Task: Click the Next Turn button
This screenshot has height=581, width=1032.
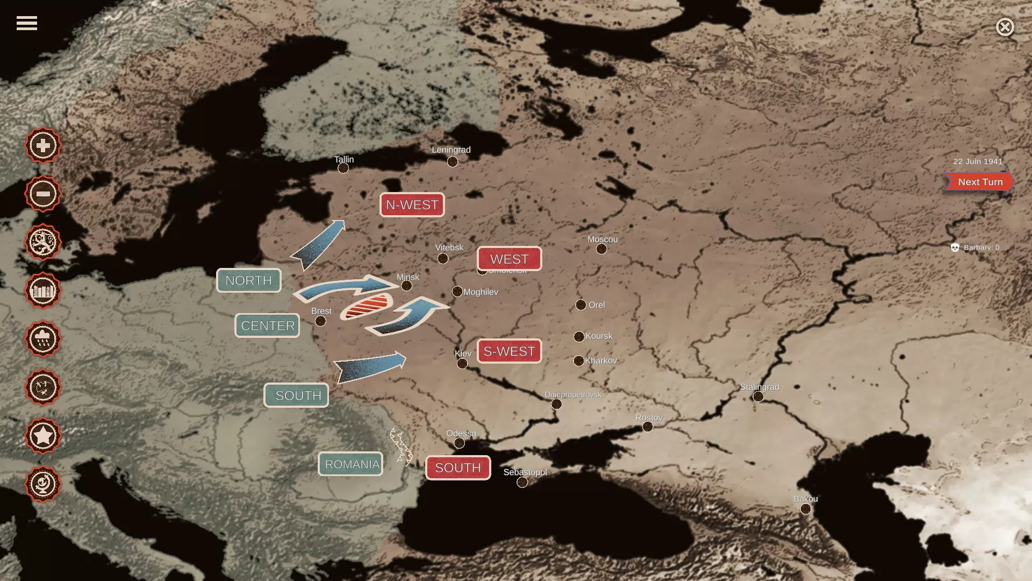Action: tap(979, 182)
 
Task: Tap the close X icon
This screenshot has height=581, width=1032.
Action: tap(1005, 27)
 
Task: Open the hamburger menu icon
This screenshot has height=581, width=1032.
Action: tap(26, 23)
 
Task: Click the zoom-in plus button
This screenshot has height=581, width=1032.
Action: tap(43, 145)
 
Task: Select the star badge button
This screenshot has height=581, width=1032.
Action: tap(43, 436)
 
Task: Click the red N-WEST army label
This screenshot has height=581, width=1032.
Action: tap(412, 205)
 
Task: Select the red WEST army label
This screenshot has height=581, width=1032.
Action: tap(509, 259)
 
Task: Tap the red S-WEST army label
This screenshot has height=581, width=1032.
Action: tap(509, 351)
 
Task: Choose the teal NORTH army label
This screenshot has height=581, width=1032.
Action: tap(248, 280)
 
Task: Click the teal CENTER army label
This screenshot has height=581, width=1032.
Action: tap(267, 325)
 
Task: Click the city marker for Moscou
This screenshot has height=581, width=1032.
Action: tap(601, 249)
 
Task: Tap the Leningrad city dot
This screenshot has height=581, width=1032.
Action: tap(453, 161)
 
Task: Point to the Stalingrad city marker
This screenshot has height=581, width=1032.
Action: tap(758, 396)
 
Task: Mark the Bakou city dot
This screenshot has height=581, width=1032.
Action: tap(805, 509)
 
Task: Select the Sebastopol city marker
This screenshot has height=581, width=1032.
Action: tap(522, 482)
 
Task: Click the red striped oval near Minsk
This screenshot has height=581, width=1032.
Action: tap(367, 307)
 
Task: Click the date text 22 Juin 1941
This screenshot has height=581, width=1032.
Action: tap(978, 161)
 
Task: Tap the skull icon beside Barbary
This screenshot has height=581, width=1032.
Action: tap(955, 247)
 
